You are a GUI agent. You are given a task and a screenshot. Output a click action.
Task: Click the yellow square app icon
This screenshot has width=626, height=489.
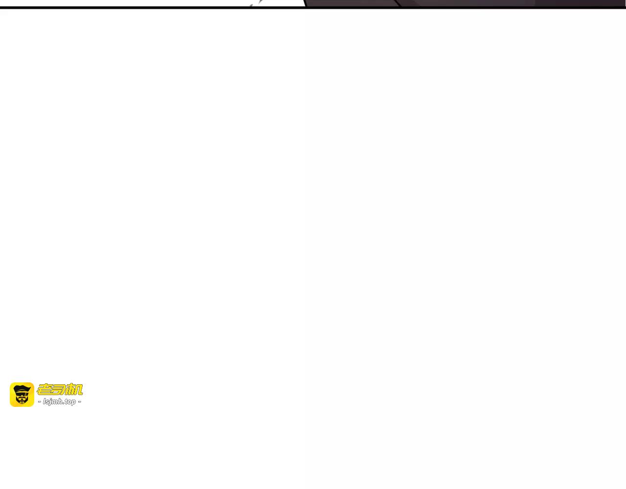tap(22, 395)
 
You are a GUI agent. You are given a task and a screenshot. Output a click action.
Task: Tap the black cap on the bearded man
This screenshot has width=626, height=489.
tap(22, 388)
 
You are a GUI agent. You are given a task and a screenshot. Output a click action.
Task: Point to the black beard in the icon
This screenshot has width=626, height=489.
tap(22, 400)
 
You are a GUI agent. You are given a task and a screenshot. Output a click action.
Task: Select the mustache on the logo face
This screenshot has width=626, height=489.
tap(22, 398)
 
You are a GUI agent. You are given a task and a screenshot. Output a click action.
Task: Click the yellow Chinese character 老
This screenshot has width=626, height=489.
tap(44, 389)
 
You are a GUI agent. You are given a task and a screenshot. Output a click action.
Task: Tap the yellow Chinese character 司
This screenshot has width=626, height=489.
tap(59, 389)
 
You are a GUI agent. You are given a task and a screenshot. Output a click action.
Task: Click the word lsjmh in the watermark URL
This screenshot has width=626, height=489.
tap(52, 401)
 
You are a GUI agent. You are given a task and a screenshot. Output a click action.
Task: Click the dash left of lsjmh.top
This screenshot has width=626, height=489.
tap(40, 401)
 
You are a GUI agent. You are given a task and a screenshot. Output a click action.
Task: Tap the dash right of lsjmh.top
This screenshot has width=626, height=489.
tap(80, 401)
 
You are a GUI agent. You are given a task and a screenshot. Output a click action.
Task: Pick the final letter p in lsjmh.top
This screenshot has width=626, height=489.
tap(74, 402)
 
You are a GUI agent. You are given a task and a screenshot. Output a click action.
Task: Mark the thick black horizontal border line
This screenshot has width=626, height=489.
tap(313, 7)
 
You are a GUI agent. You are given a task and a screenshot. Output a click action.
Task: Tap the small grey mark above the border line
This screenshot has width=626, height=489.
tap(251, 5)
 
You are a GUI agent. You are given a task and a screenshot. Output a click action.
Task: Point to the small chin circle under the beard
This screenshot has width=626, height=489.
tap(22, 403)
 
